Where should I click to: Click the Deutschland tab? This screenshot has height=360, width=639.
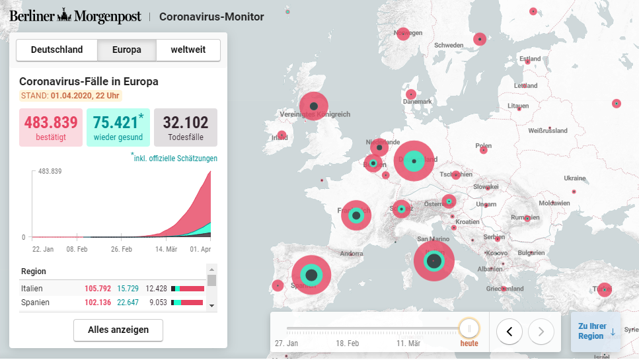point(57,50)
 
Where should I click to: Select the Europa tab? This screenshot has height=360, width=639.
point(127,50)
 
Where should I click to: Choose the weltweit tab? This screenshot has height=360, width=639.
point(188,50)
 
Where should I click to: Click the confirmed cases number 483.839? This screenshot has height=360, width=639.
point(51,123)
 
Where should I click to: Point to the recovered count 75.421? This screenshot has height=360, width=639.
point(116,123)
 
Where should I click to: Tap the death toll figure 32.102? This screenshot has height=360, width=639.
point(186,123)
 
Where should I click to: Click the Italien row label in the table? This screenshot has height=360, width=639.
point(32,289)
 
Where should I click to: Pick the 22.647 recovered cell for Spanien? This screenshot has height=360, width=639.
point(128,303)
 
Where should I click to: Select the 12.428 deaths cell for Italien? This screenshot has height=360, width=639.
point(157,289)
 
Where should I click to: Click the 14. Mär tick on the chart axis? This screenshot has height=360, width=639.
point(166,250)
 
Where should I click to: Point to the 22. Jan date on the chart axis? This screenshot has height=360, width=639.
point(43,250)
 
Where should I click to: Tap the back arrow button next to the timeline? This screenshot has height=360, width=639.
point(509,331)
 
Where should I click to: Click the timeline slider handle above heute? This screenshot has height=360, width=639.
point(470,328)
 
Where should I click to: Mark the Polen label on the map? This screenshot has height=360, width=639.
point(484,146)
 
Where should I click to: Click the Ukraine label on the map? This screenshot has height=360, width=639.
point(574,178)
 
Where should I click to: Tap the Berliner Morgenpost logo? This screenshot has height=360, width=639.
point(75,17)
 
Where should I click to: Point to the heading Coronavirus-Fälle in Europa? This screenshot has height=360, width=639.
point(89,82)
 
